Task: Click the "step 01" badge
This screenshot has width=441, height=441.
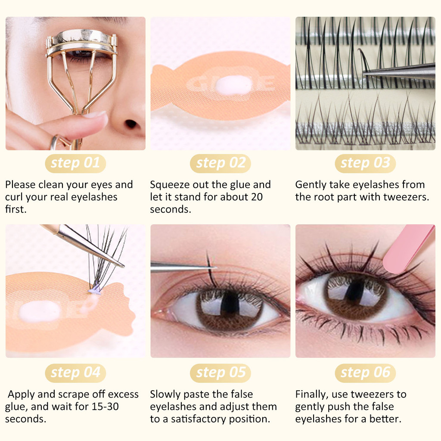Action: [x=75, y=163]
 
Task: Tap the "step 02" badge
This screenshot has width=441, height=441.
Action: [x=220, y=163]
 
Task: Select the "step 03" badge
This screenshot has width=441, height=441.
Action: [x=365, y=163]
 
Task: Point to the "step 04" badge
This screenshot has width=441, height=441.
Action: [x=75, y=373]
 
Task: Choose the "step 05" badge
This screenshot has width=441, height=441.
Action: [x=220, y=373]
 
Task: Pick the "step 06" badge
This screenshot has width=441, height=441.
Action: [x=365, y=373]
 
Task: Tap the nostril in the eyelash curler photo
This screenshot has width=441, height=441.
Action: [x=131, y=124]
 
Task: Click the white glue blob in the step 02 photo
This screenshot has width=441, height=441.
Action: [x=233, y=85]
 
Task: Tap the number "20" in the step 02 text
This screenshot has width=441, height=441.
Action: [x=257, y=197]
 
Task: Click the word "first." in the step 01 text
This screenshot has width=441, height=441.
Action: [x=16, y=209]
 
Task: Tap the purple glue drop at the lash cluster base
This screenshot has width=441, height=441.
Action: [x=95, y=289]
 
